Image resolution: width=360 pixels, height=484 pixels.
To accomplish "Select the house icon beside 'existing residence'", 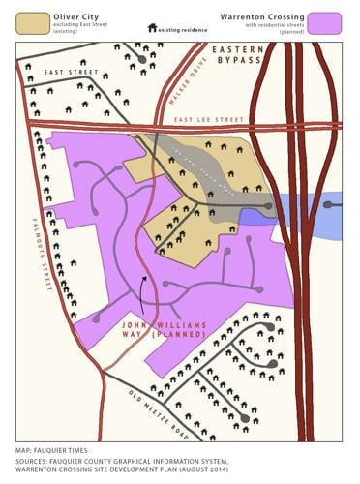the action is coord(153,29).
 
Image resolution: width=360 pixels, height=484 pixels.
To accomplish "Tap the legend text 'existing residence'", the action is coord(184,30).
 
